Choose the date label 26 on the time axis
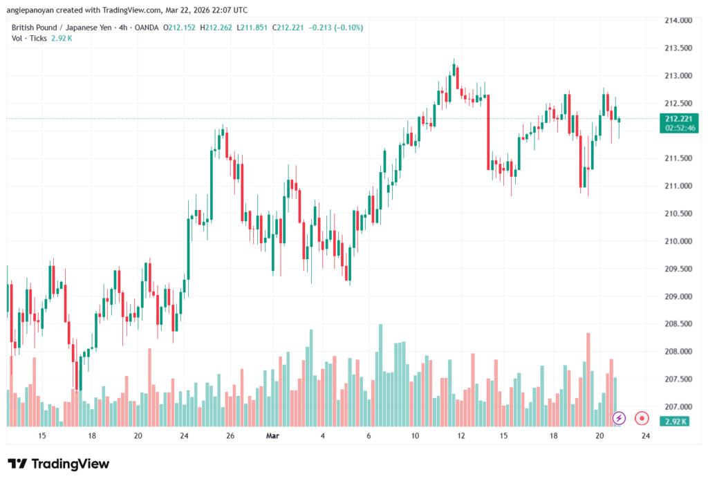point(230,436)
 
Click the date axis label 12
point(461,436)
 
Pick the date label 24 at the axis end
point(645,436)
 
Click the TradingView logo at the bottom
point(58,464)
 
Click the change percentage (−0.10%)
point(348,28)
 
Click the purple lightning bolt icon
point(619,418)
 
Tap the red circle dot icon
point(642,418)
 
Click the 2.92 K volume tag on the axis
point(675,420)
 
